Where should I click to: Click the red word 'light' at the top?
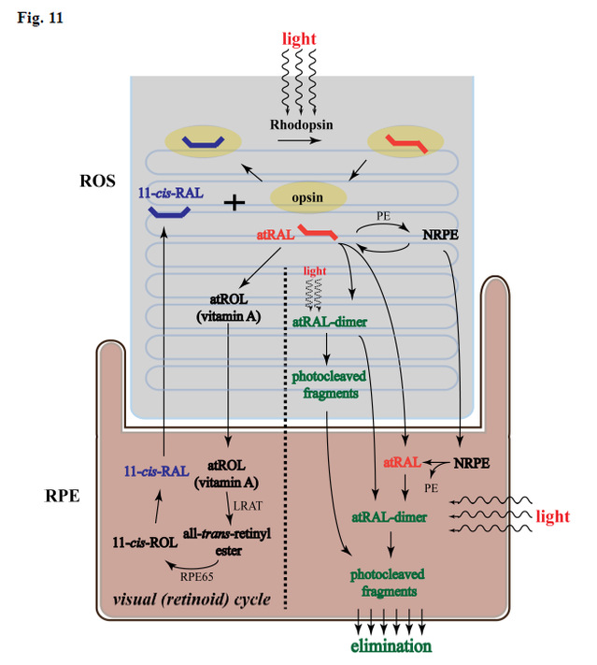pyautogui.click(x=299, y=38)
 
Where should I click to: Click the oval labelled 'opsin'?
pyautogui.click(x=308, y=197)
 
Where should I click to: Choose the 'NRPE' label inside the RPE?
pyautogui.click(x=472, y=463)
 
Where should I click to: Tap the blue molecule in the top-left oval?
pyautogui.click(x=201, y=141)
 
